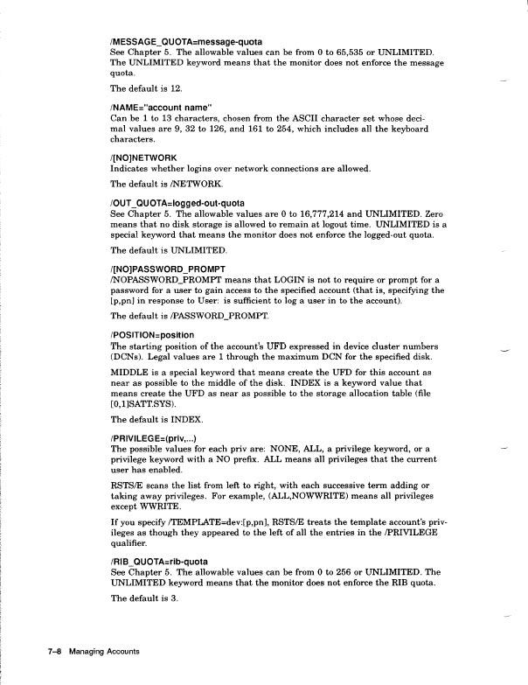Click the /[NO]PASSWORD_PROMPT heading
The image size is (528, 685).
(169, 268)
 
